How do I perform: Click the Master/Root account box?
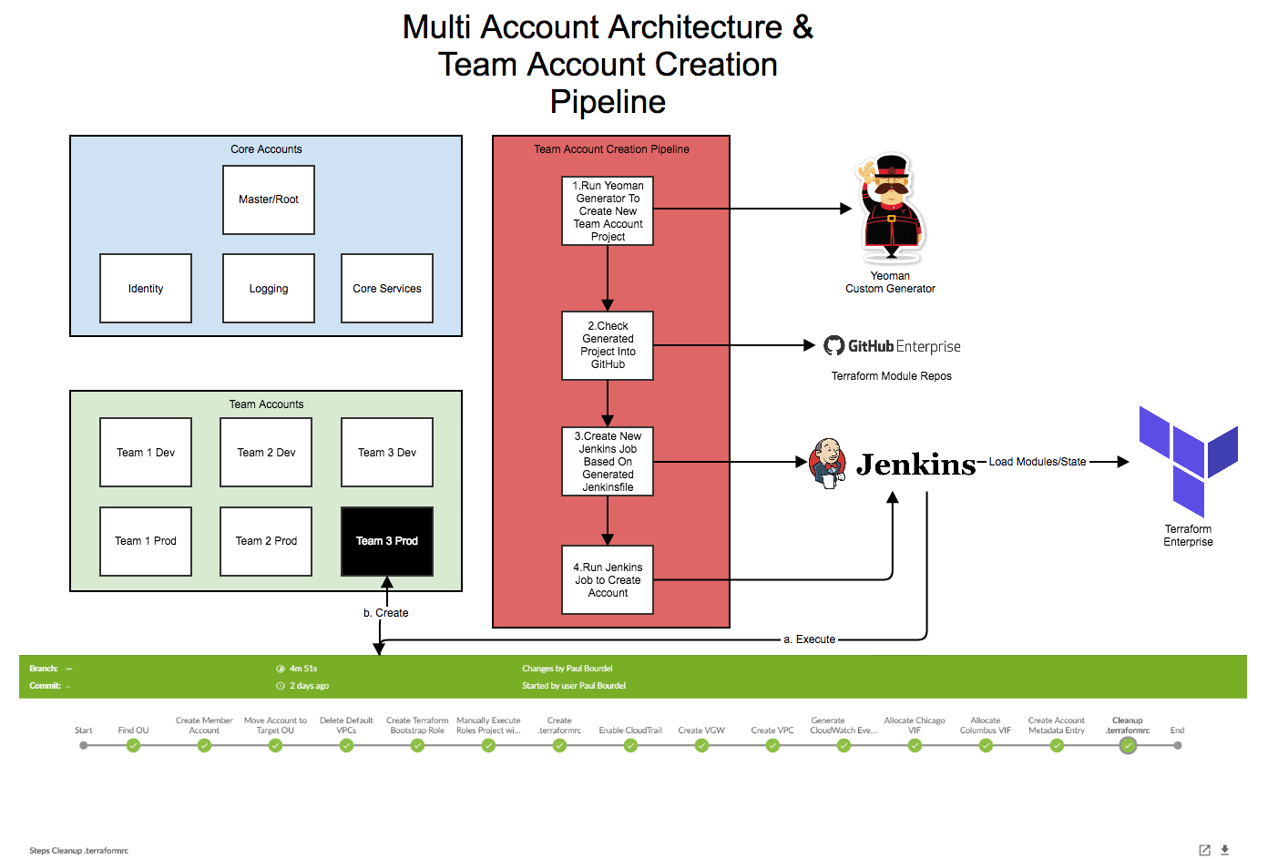click(x=269, y=199)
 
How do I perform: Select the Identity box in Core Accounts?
click(x=146, y=288)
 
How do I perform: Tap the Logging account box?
click(x=269, y=288)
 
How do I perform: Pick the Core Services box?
click(x=387, y=288)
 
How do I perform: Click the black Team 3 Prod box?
click(x=387, y=541)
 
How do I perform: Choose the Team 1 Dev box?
click(x=146, y=452)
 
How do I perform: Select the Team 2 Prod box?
click(x=266, y=541)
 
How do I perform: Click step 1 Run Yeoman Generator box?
click(x=608, y=210)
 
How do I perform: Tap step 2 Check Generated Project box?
click(x=608, y=345)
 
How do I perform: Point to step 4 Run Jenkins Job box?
click(x=608, y=579)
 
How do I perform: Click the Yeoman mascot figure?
click(x=891, y=207)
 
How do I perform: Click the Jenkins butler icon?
click(x=828, y=463)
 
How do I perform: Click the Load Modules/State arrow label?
click(x=1038, y=462)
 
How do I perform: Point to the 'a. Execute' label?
click(x=809, y=639)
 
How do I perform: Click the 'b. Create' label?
click(x=386, y=613)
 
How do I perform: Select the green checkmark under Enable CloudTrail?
click(x=630, y=745)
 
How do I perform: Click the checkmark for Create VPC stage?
click(x=772, y=745)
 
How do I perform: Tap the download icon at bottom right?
click(x=1225, y=850)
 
